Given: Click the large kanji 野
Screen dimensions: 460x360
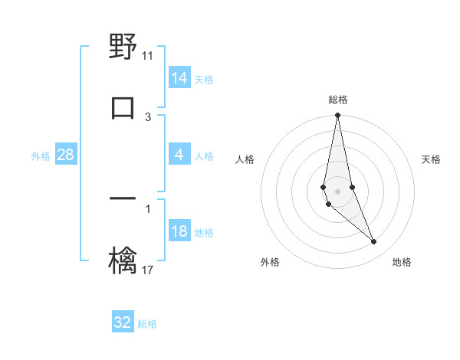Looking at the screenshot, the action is [123, 47].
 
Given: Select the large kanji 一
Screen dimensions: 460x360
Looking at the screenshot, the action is [123, 199].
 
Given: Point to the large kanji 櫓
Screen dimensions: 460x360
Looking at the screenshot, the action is [123, 258].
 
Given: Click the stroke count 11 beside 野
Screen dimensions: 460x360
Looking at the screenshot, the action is [148, 55].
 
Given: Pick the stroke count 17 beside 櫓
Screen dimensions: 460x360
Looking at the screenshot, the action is [148, 270].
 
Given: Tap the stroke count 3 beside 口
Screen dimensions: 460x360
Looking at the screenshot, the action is [148, 116].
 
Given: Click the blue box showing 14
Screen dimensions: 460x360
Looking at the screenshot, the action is [179, 78].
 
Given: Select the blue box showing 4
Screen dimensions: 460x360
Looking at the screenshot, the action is [179, 155].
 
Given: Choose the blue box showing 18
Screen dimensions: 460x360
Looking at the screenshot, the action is [179, 232].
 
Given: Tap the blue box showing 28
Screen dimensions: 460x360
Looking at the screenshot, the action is [66, 155].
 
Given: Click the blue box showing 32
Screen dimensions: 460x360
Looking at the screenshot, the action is [123, 322].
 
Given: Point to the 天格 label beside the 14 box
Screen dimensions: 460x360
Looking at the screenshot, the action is [204, 80].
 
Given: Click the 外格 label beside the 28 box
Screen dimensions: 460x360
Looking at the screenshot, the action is [41, 156].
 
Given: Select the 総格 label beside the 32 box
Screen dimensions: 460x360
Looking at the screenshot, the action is [147, 324].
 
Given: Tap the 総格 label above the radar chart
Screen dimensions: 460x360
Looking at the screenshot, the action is [338, 100].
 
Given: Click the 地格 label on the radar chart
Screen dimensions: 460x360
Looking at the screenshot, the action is [402, 262].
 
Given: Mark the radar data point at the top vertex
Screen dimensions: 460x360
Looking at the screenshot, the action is [337, 116].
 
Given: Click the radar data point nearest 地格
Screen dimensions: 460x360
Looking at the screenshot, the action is [374, 241].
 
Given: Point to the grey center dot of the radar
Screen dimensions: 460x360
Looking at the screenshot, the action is [337, 191].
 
